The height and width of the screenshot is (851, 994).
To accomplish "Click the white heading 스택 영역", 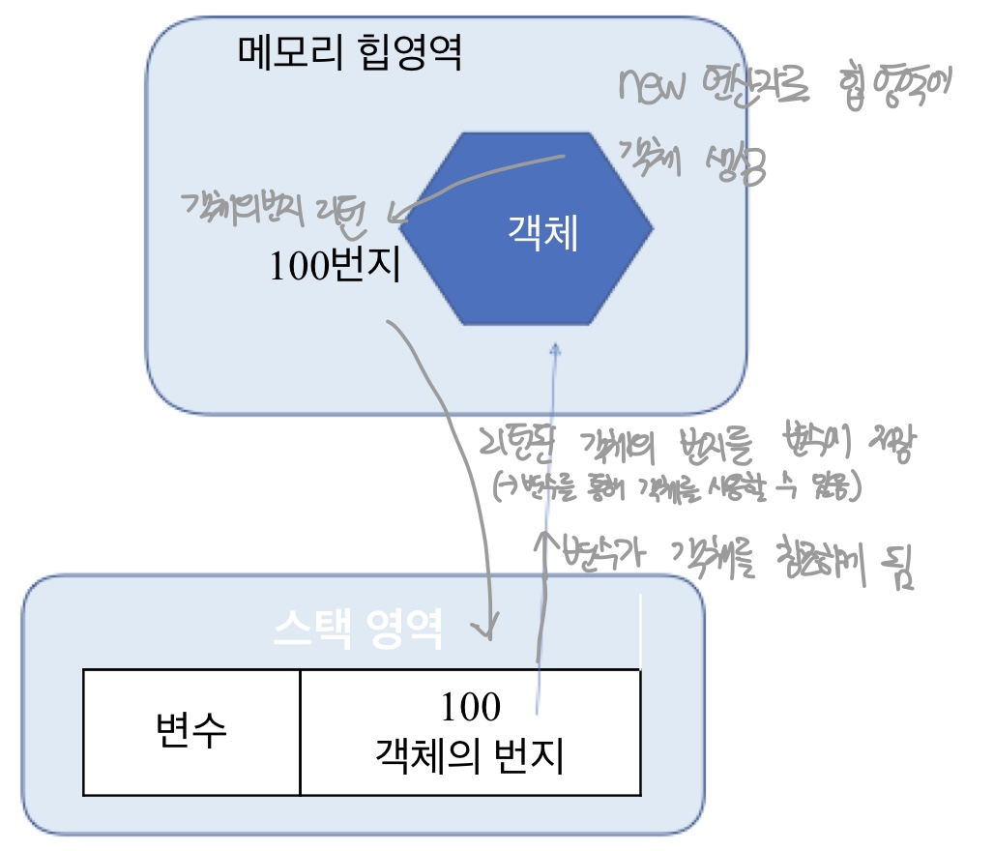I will tap(358, 631).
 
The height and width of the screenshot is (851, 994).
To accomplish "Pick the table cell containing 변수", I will tap(191, 731).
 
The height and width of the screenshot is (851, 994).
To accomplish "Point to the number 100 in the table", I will tap(471, 708).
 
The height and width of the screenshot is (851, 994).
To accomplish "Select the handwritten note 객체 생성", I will tap(690, 161).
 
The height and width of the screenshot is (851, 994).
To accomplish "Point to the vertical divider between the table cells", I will tap(301, 731).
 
